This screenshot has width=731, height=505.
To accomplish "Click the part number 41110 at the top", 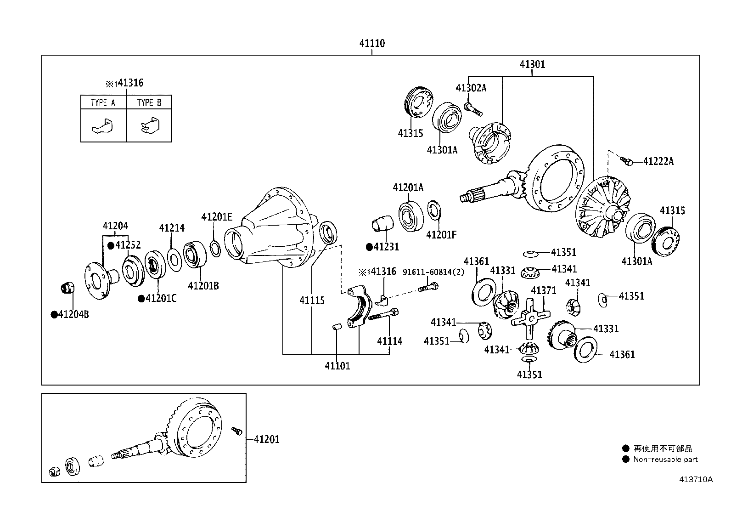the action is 372,43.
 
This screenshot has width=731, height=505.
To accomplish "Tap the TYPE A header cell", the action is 103,102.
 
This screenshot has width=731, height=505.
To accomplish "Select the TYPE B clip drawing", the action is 150,125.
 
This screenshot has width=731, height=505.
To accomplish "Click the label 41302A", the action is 471,88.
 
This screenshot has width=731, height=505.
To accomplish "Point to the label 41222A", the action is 658,161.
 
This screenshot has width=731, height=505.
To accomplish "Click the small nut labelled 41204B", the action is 67,288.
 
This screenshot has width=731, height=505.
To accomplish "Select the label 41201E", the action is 217,217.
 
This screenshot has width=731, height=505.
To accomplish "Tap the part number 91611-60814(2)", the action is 433,272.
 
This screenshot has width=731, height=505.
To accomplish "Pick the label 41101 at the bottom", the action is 337,366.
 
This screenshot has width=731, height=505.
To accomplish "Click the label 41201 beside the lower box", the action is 267,439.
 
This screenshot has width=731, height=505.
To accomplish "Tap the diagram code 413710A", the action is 696,480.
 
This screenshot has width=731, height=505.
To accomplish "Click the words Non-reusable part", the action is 665,459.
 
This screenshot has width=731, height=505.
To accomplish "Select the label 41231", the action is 386,247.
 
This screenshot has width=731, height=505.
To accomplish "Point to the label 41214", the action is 172,228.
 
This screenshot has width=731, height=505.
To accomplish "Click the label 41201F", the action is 441,234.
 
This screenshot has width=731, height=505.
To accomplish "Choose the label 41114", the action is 390,341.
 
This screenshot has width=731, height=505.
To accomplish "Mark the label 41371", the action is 543,290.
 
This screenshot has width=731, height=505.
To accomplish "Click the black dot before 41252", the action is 111,246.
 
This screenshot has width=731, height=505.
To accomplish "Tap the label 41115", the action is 312,301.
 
